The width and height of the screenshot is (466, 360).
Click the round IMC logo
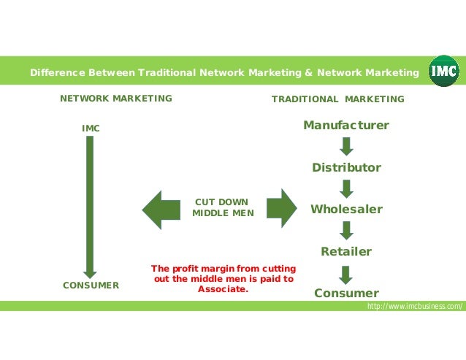[x=444, y=72]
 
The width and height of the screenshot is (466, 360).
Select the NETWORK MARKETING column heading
[x=115, y=99]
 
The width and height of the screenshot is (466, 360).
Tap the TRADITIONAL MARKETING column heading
[x=337, y=99]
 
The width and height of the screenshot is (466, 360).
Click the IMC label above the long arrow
[x=91, y=129]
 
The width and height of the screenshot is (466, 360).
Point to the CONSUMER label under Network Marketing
[x=91, y=286]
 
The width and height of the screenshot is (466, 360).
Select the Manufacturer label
[x=346, y=126]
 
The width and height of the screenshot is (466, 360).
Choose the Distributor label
[x=346, y=168]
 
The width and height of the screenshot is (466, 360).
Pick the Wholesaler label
[x=346, y=210]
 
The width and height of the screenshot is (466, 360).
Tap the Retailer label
[x=346, y=252]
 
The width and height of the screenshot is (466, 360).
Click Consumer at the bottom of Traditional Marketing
[x=346, y=294]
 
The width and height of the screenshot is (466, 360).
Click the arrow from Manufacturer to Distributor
[x=346, y=147]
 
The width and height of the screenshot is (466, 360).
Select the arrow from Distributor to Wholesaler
[x=346, y=188]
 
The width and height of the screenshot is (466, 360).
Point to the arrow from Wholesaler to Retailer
[x=346, y=231]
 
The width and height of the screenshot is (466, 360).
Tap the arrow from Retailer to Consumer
[x=346, y=274]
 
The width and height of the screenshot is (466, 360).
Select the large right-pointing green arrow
[x=281, y=209]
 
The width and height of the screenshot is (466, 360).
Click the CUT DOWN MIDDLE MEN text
[x=223, y=207]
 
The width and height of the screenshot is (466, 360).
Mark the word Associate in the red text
[x=223, y=288]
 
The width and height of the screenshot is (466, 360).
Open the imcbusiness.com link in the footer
[x=414, y=307]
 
